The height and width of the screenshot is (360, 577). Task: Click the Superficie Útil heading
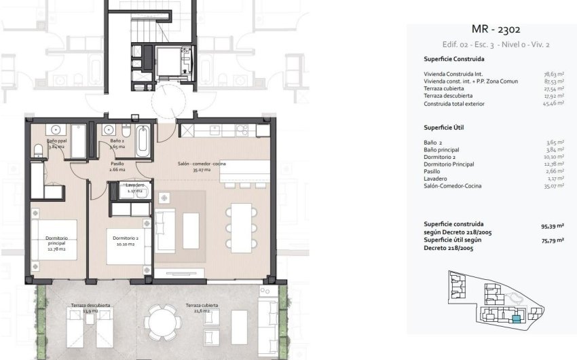(x=443, y=127)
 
